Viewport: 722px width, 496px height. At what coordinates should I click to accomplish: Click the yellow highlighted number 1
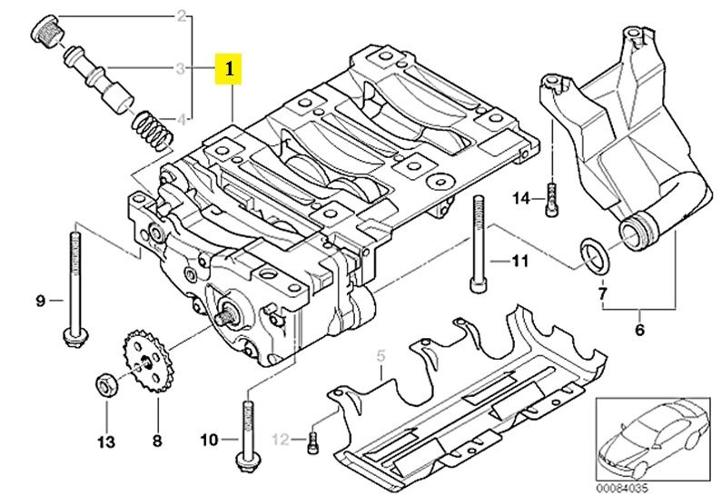pos(228,69)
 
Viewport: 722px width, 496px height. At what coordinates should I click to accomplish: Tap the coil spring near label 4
pos(153,130)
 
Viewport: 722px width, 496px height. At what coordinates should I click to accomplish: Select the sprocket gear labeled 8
pos(145,362)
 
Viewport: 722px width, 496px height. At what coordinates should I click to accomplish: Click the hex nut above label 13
pos(107,385)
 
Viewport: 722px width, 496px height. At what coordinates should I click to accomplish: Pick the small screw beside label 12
pos(312,442)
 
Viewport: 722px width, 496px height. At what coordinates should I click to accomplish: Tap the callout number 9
pos(41,301)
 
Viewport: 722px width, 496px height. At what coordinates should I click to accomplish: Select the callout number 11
pos(519,261)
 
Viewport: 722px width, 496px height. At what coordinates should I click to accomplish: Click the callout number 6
pos(639,329)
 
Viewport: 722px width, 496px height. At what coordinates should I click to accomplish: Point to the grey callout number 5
pos(381,356)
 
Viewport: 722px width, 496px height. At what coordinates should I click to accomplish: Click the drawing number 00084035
pos(621,488)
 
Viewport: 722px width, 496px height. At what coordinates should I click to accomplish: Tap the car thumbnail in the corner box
pos(651,439)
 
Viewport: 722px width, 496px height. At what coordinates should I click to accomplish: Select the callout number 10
pos(209,440)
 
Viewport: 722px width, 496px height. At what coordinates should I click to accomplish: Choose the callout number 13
pos(106,442)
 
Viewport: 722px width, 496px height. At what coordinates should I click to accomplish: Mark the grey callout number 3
pos(181,69)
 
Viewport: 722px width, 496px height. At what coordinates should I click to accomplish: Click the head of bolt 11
pos(478,283)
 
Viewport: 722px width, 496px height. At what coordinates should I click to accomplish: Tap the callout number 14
pos(521,199)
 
